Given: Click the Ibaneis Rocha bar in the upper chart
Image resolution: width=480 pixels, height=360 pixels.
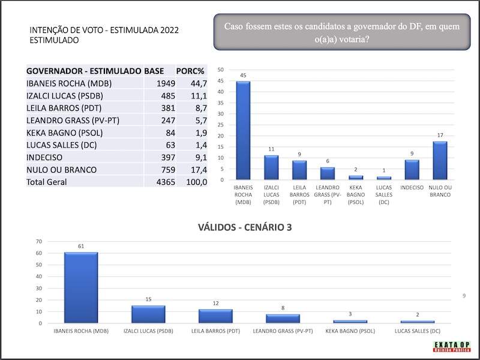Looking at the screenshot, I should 243,130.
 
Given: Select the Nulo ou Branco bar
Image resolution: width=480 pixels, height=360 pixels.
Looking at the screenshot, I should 440,160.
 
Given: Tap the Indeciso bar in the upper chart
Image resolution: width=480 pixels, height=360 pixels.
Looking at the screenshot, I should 412,169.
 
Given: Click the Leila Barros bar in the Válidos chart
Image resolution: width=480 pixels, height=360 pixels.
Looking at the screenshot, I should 215,316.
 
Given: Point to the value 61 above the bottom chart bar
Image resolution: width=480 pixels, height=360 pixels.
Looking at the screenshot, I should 80,246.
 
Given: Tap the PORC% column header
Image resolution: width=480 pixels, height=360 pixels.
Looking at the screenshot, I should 191,70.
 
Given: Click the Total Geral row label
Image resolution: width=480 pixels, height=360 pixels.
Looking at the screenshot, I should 47,182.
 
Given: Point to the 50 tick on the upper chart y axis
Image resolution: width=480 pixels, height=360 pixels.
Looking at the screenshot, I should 221,70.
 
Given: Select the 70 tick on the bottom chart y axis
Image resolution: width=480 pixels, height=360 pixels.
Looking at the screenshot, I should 39,241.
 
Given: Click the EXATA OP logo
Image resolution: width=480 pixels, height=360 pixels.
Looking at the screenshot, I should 452,347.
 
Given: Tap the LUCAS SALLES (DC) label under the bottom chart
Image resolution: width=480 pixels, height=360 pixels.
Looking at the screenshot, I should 418,331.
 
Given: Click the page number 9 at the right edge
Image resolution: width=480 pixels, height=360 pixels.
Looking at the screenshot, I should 464,296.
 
